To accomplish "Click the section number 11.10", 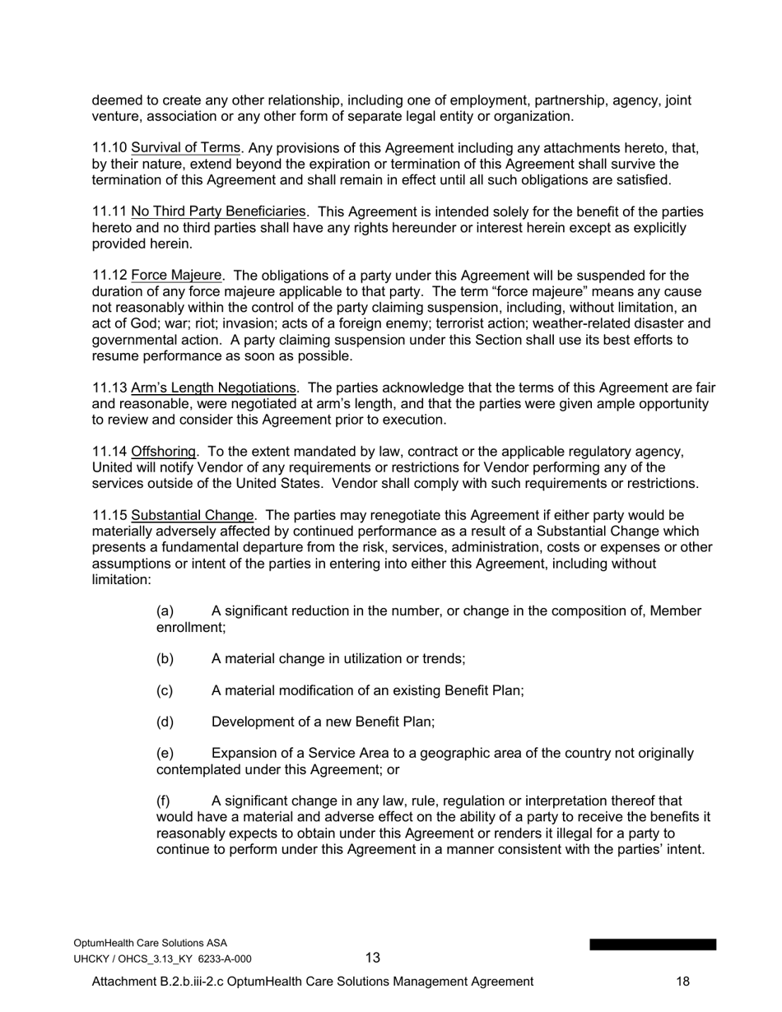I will (109, 148).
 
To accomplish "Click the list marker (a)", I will (165, 611).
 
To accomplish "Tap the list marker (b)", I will (165, 659).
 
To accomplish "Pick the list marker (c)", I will (165, 690).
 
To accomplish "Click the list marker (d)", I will (165, 722).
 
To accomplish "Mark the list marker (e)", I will (165, 754).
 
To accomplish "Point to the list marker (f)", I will (163, 801).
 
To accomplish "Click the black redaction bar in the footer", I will (652, 945).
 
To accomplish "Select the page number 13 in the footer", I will (373, 958).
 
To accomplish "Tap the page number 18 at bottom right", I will (682, 982).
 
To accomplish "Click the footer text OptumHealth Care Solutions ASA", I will (151, 943).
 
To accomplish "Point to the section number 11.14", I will (109, 452).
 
